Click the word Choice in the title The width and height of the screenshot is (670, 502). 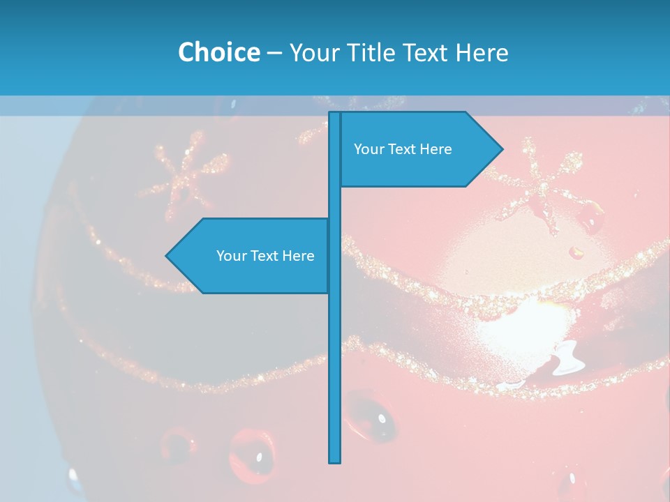(218, 52)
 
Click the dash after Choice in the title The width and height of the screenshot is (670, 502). (274, 53)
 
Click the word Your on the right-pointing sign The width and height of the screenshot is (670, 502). (368, 149)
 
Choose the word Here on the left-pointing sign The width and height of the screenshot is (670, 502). (298, 256)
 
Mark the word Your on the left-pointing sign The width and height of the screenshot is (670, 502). (230, 256)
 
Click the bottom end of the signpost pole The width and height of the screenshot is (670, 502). (334, 460)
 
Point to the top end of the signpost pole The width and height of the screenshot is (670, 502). (334, 114)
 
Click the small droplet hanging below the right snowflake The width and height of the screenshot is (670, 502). (576, 252)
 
